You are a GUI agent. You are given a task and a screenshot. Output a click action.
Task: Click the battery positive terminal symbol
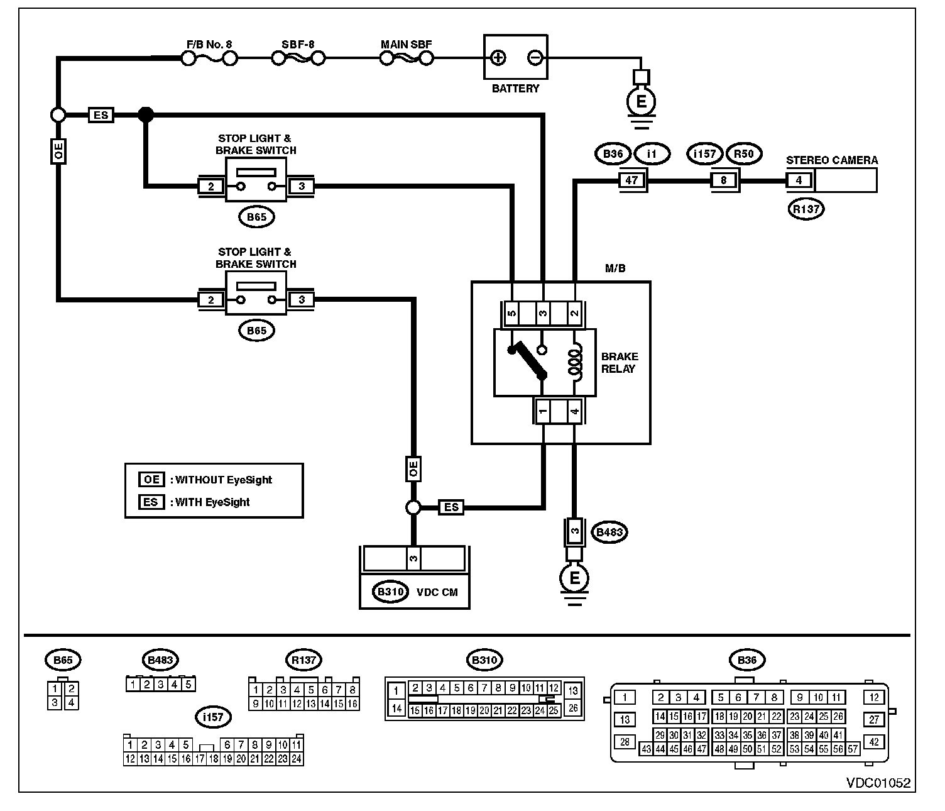pos(498,58)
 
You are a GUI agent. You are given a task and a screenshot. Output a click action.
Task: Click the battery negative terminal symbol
pos(535,58)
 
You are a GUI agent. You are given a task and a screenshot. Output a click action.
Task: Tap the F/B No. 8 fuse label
pos(209,45)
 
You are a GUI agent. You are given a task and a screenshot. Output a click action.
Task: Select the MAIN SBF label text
pos(406,45)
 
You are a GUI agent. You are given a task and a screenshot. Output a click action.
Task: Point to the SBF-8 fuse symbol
pos(298,58)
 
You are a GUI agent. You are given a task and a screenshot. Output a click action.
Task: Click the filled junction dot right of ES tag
pos(146,114)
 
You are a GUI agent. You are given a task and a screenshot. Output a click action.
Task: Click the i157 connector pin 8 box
pos(723,180)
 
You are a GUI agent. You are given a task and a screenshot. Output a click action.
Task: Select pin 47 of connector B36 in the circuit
pos(631,180)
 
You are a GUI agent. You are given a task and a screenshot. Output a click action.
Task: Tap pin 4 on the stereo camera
pos(799,180)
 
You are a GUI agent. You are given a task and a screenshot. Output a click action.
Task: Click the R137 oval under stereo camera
pos(806,209)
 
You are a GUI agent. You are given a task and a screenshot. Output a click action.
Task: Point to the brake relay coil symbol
pos(576,362)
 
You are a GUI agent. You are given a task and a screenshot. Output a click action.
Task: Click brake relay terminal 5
pos(512,313)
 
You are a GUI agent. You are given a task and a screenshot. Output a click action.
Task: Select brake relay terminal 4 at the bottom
pos(574,411)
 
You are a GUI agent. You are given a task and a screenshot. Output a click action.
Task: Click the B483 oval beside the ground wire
pos(609,532)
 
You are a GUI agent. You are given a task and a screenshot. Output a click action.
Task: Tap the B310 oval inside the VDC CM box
pos(390,592)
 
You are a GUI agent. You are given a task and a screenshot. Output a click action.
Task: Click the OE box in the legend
pos(151,480)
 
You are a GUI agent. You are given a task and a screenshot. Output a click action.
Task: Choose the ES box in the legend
pos(151,502)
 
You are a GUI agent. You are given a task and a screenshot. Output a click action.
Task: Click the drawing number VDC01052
pos(878,783)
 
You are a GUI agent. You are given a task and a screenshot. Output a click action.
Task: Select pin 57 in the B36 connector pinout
pos(852,749)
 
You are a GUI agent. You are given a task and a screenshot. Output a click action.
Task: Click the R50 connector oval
pos(744,153)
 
